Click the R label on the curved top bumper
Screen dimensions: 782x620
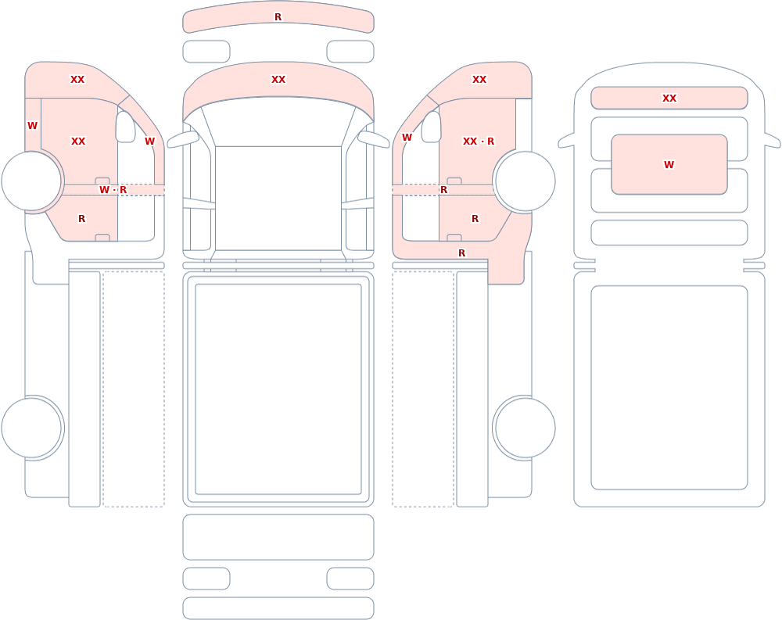(278, 17)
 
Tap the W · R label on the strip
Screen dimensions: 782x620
(113, 190)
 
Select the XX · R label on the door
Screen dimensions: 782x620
(479, 142)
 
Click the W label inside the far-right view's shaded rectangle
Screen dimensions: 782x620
(669, 165)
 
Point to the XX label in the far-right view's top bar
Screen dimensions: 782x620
(669, 99)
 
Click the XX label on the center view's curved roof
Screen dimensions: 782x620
(278, 79)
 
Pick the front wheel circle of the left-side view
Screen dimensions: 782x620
(31, 181)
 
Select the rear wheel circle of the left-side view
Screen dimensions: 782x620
(31, 428)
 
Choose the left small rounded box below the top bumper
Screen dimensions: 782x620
(206, 52)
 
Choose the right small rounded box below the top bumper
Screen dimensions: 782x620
(350, 52)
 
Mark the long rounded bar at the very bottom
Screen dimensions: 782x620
(278, 608)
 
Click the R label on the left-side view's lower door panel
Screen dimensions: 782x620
(82, 218)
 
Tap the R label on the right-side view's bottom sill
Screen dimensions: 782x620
(462, 253)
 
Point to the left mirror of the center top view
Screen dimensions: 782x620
(181, 140)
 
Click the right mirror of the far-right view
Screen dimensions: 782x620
(772, 141)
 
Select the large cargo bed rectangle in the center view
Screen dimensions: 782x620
(278, 389)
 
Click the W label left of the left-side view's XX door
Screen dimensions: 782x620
(32, 126)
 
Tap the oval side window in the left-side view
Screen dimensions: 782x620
(125, 127)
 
